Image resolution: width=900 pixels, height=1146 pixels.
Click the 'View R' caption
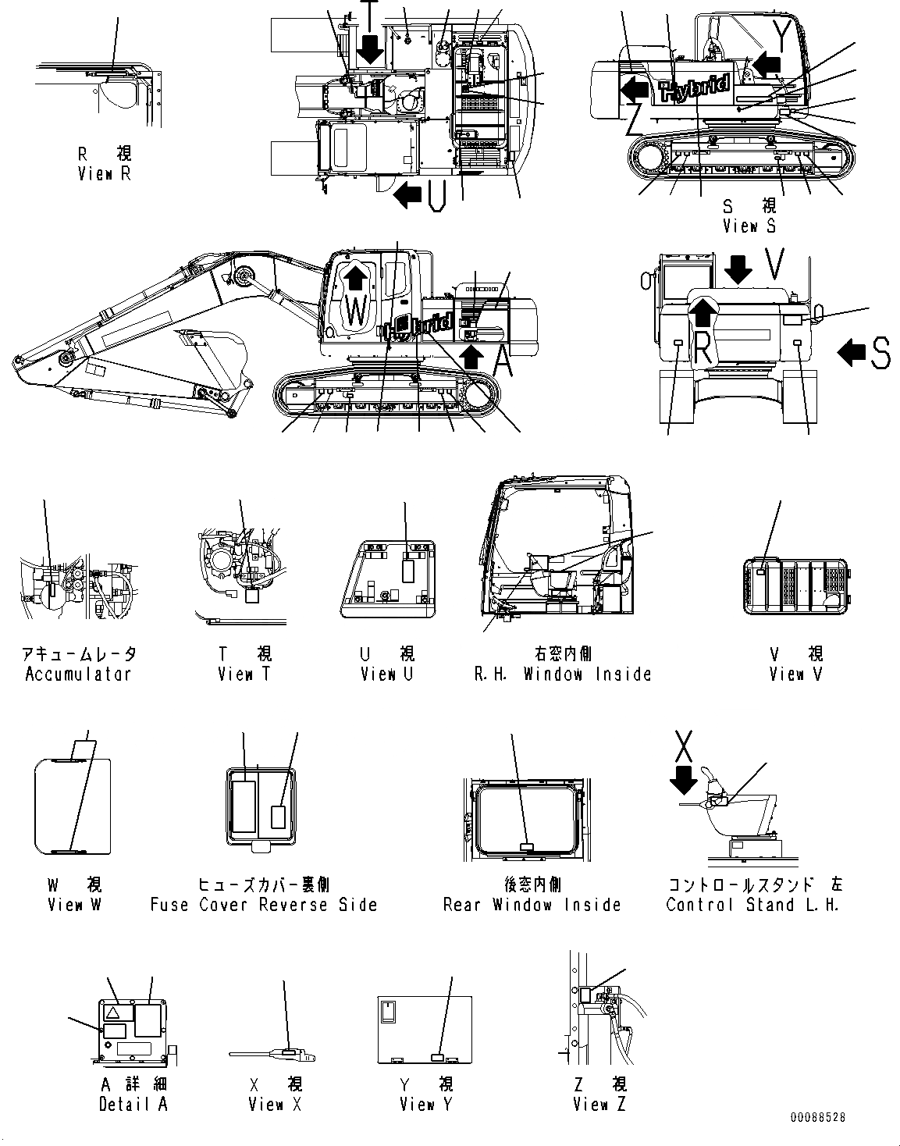point(104,173)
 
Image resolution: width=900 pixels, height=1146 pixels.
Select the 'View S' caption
point(749,226)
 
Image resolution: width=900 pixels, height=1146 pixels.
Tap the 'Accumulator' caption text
point(78,674)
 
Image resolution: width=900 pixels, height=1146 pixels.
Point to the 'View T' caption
point(244,674)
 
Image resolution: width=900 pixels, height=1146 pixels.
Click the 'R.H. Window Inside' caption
point(563,674)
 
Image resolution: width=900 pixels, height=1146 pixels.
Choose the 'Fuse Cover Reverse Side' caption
point(264,905)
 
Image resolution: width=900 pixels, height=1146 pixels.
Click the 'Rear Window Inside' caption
point(532,905)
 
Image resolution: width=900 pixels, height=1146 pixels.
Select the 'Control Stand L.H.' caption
point(752,905)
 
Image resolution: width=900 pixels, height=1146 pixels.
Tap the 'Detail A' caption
point(133,1104)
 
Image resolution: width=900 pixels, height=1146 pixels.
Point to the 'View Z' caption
point(599,1104)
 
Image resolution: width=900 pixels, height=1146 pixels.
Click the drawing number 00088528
point(817,1118)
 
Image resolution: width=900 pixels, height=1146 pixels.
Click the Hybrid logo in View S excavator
point(695,88)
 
